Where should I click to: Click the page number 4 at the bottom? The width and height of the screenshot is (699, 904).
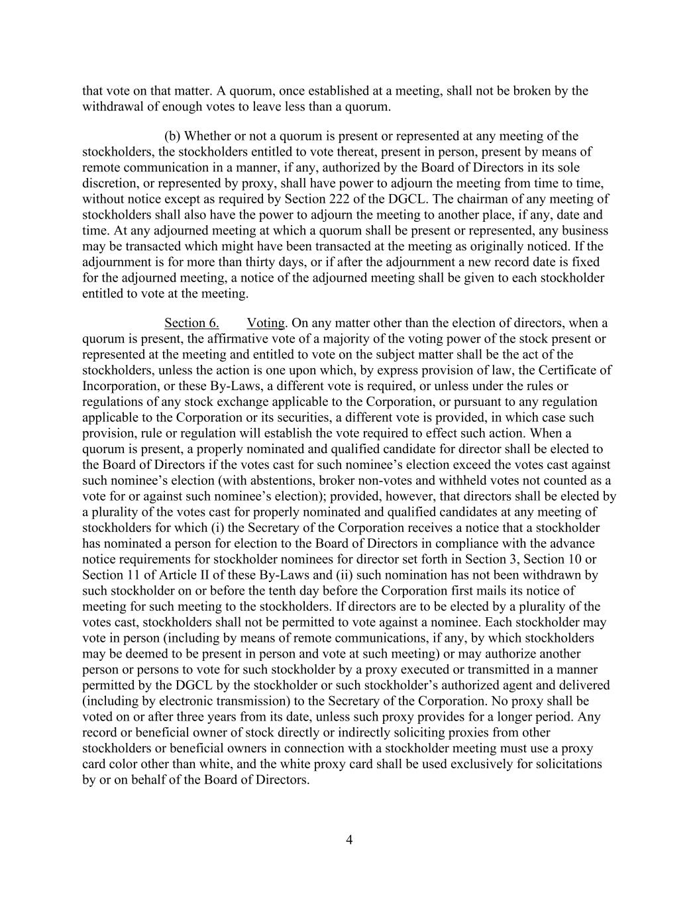pyautogui.click(x=349, y=840)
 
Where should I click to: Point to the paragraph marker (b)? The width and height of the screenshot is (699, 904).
pyautogui.click(x=172, y=136)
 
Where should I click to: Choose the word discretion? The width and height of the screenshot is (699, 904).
pyautogui.click(x=110, y=183)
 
